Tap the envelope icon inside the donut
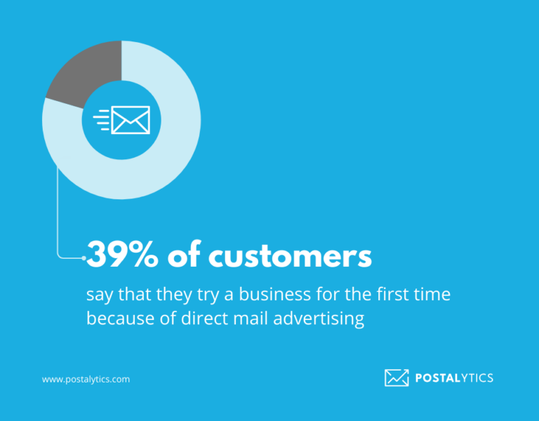point(131,120)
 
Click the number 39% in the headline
point(122,257)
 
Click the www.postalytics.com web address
point(86,379)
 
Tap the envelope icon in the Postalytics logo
point(397,377)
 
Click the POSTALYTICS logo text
point(454,378)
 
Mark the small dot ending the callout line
point(84,259)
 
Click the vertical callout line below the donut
point(57,210)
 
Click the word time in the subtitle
point(432,295)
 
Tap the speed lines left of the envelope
point(102,120)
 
